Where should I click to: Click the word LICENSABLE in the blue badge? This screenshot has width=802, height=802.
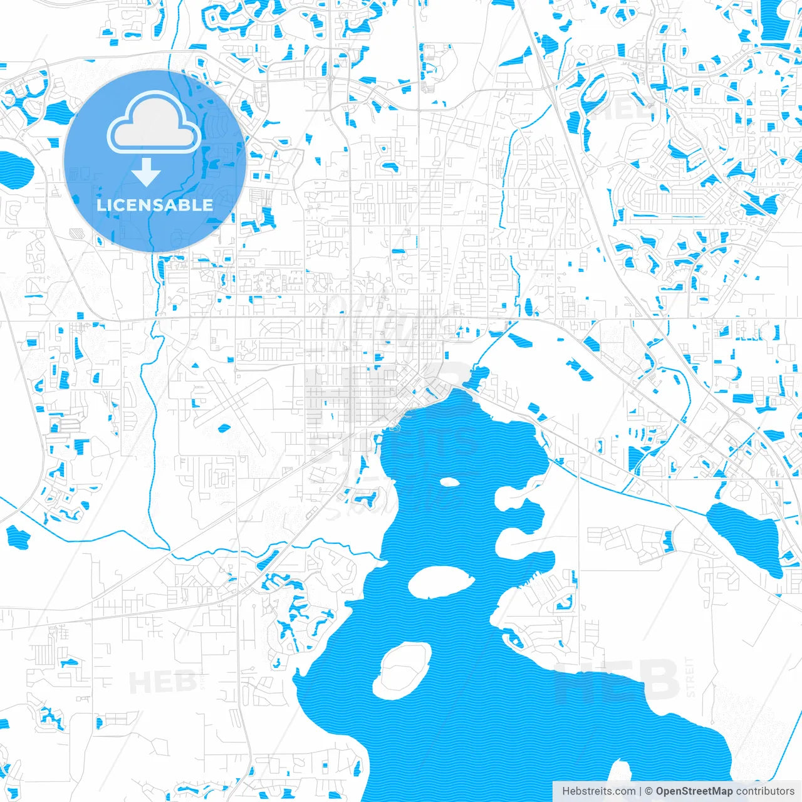pos(155,205)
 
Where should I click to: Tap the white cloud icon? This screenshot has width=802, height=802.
pos(154,124)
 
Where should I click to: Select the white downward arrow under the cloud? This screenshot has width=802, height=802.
pos(147,172)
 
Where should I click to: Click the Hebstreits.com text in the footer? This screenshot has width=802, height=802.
pos(598,791)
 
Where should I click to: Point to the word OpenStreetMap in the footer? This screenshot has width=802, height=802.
pos(694,791)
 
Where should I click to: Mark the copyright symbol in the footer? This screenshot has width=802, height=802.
pos(648,791)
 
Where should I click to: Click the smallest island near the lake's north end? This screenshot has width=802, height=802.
pos(449,482)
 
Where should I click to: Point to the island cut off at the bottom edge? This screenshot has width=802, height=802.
pos(620,783)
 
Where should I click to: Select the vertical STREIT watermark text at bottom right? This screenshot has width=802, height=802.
pos(690,677)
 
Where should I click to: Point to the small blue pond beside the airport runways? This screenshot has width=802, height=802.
pos(224,429)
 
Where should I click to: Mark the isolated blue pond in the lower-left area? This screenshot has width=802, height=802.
pos(18,537)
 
